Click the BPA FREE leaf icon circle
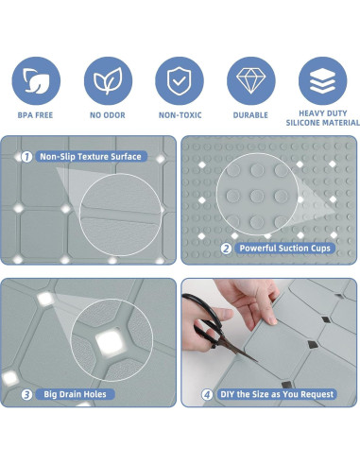(x=36, y=80)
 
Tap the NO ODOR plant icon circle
(x=108, y=80)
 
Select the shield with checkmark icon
(x=180, y=80)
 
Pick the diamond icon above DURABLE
(x=251, y=80)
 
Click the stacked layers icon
(x=322, y=80)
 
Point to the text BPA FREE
(x=35, y=115)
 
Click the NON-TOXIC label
(x=180, y=115)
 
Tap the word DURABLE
(x=250, y=115)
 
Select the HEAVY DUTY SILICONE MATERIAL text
(x=322, y=118)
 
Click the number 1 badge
(x=26, y=157)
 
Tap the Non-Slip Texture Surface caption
(x=91, y=157)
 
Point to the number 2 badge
(x=226, y=249)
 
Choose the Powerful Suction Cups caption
(x=284, y=249)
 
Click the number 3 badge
(x=26, y=394)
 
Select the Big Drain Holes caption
(x=75, y=394)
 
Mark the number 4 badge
(x=207, y=394)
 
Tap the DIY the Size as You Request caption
(x=277, y=394)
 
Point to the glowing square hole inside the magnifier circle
(x=111, y=341)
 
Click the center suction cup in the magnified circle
(x=257, y=196)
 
